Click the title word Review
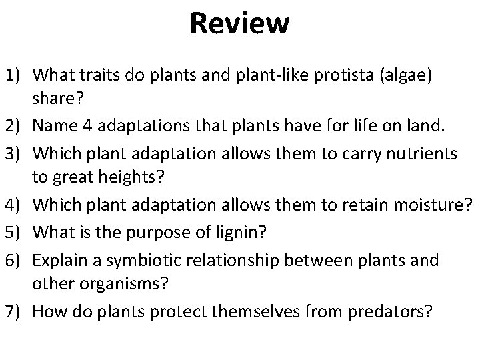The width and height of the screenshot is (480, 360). [239, 24]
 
